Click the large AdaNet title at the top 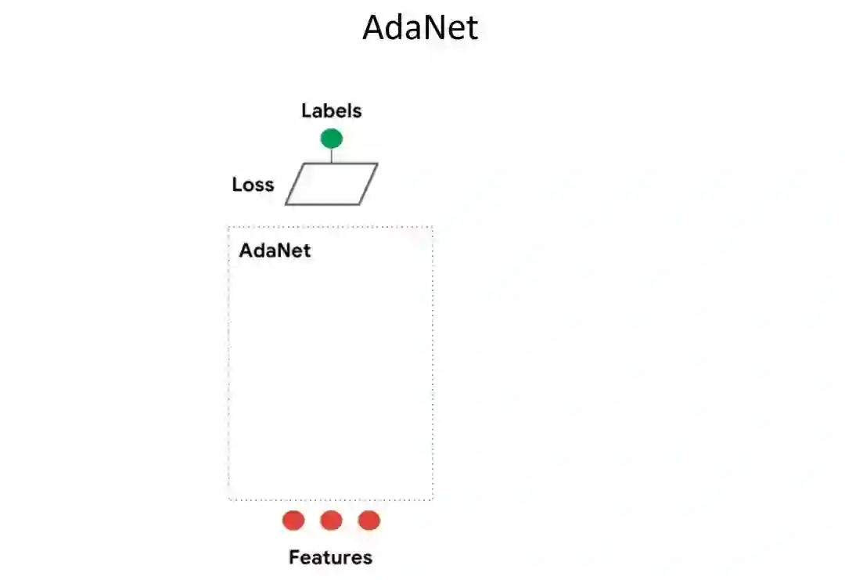pos(420,29)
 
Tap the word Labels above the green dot pos(331,111)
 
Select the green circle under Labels pos(331,139)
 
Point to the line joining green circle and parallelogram pos(331,156)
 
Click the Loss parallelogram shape pos(331,184)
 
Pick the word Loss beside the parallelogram pos(253,185)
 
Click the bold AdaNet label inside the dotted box pos(275,250)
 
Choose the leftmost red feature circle pos(293,521)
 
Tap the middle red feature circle pos(331,521)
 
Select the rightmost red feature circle pos(369,521)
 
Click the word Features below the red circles pos(330,558)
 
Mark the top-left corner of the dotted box pos(229,228)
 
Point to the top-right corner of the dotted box pos(432,228)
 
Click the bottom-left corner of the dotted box pos(229,499)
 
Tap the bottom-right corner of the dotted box pos(432,499)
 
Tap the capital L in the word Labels pos(306,111)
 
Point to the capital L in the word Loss pos(237,185)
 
